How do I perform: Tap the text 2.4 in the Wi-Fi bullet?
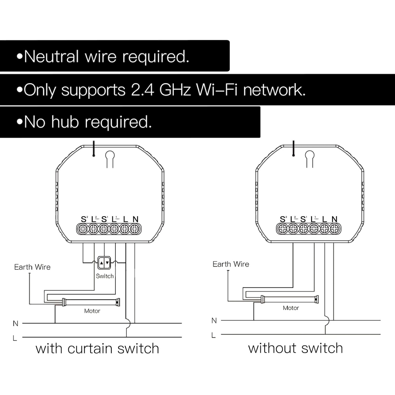(x=142, y=90)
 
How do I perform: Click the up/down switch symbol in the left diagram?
(x=104, y=263)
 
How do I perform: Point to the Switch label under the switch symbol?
(x=105, y=276)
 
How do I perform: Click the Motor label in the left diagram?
(x=92, y=311)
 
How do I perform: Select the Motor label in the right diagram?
(x=291, y=308)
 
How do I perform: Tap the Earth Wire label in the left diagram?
(x=32, y=267)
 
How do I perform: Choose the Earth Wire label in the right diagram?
(x=231, y=264)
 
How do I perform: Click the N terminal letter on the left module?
(x=135, y=219)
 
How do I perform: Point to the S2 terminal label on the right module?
(x=283, y=219)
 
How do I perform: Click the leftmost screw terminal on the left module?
(x=83, y=229)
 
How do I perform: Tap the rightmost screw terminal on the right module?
(x=334, y=229)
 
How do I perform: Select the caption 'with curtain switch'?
(x=97, y=349)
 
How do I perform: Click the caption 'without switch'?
(x=295, y=348)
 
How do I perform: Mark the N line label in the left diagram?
(x=16, y=323)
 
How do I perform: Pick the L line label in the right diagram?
(x=214, y=335)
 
